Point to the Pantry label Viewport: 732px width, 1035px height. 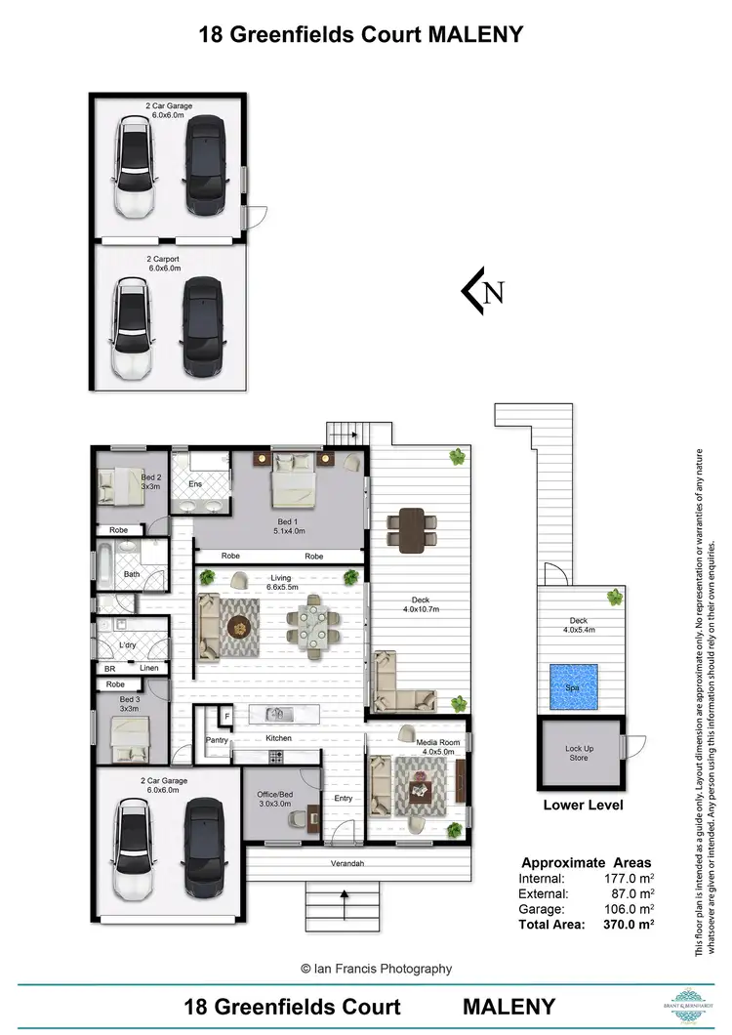[x=217, y=740]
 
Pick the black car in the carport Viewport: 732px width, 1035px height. [x=202, y=329]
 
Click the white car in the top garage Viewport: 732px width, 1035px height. [x=134, y=167]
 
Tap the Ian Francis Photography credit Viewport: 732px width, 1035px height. [x=376, y=969]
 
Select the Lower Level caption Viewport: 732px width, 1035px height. [x=584, y=806]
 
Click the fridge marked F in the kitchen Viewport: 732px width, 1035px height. [x=227, y=717]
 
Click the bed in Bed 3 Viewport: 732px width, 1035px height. [x=129, y=738]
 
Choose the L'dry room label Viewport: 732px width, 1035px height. [x=127, y=646]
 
